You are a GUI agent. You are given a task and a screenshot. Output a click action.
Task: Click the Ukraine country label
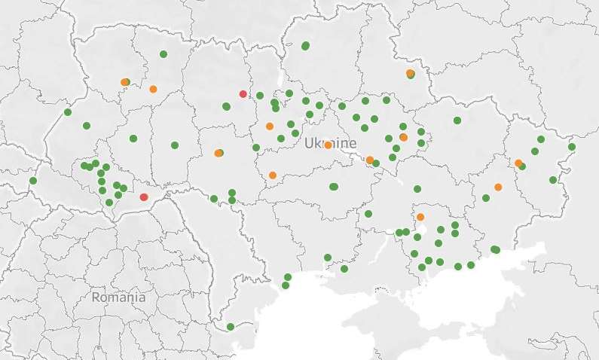(331, 143)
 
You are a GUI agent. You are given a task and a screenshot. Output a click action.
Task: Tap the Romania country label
(118, 297)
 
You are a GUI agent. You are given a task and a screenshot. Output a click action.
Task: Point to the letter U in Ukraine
(309, 143)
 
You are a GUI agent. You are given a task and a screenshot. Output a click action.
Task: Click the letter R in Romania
(96, 297)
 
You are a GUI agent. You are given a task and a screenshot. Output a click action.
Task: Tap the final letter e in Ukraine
(353, 143)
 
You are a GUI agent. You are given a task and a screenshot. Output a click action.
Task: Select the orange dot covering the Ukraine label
(328, 145)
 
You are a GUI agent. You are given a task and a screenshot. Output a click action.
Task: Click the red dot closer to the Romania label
(144, 197)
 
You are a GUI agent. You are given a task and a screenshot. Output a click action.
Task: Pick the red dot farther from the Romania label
(243, 94)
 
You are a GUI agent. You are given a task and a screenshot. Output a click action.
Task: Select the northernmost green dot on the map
(305, 46)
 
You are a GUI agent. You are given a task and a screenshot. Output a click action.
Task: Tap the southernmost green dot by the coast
(230, 326)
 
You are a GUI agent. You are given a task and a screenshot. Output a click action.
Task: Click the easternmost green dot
(572, 147)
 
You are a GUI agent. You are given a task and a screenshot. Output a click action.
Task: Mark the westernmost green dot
(32, 181)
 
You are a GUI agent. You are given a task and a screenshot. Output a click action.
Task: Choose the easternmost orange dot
(518, 163)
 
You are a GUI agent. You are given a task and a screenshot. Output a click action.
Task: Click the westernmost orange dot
(124, 82)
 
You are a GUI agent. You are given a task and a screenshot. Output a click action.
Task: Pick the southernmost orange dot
(420, 217)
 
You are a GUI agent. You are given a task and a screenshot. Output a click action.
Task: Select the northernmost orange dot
(410, 73)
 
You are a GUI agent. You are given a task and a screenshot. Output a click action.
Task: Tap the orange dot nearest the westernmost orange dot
(153, 89)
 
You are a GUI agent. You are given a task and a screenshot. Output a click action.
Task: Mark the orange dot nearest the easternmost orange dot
(498, 187)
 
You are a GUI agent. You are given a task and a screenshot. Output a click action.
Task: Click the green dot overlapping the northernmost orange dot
(411, 75)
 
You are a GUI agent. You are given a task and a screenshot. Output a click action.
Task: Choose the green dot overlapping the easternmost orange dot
(521, 166)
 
